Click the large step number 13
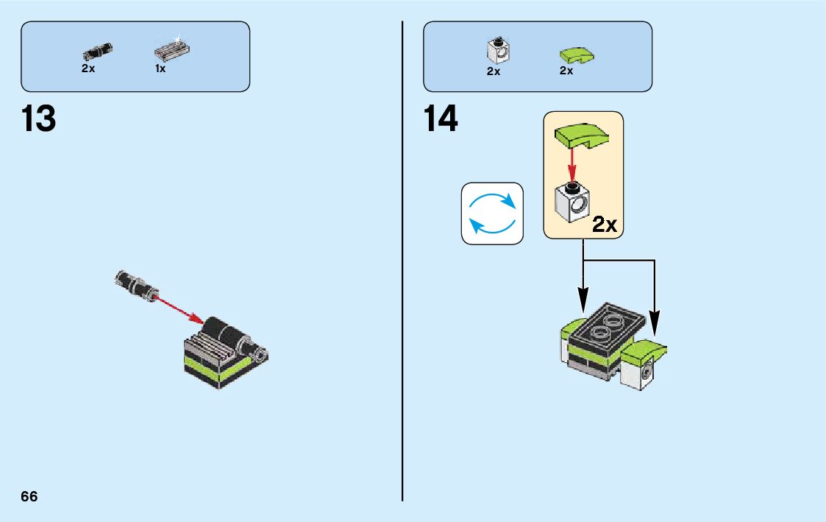click(x=39, y=119)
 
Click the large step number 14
click(x=441, y=119)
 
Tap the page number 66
click(x=29, y=496)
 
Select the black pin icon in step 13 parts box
click(x=97, y=52)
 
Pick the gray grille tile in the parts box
click(x=172, y=51)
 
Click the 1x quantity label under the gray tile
click(x=160, y=68)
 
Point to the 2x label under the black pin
click(x=88, y=68)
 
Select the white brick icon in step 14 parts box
click(x=499, y=51)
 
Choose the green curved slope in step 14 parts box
click(x=576, y=54)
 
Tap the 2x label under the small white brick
click(x=493, y=71)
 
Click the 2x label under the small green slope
click(x=566, y=71)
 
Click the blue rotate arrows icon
click(x=492, y=214)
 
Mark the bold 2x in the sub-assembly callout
click(x=604, y=225)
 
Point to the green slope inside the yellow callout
click(x=581, y=135)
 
